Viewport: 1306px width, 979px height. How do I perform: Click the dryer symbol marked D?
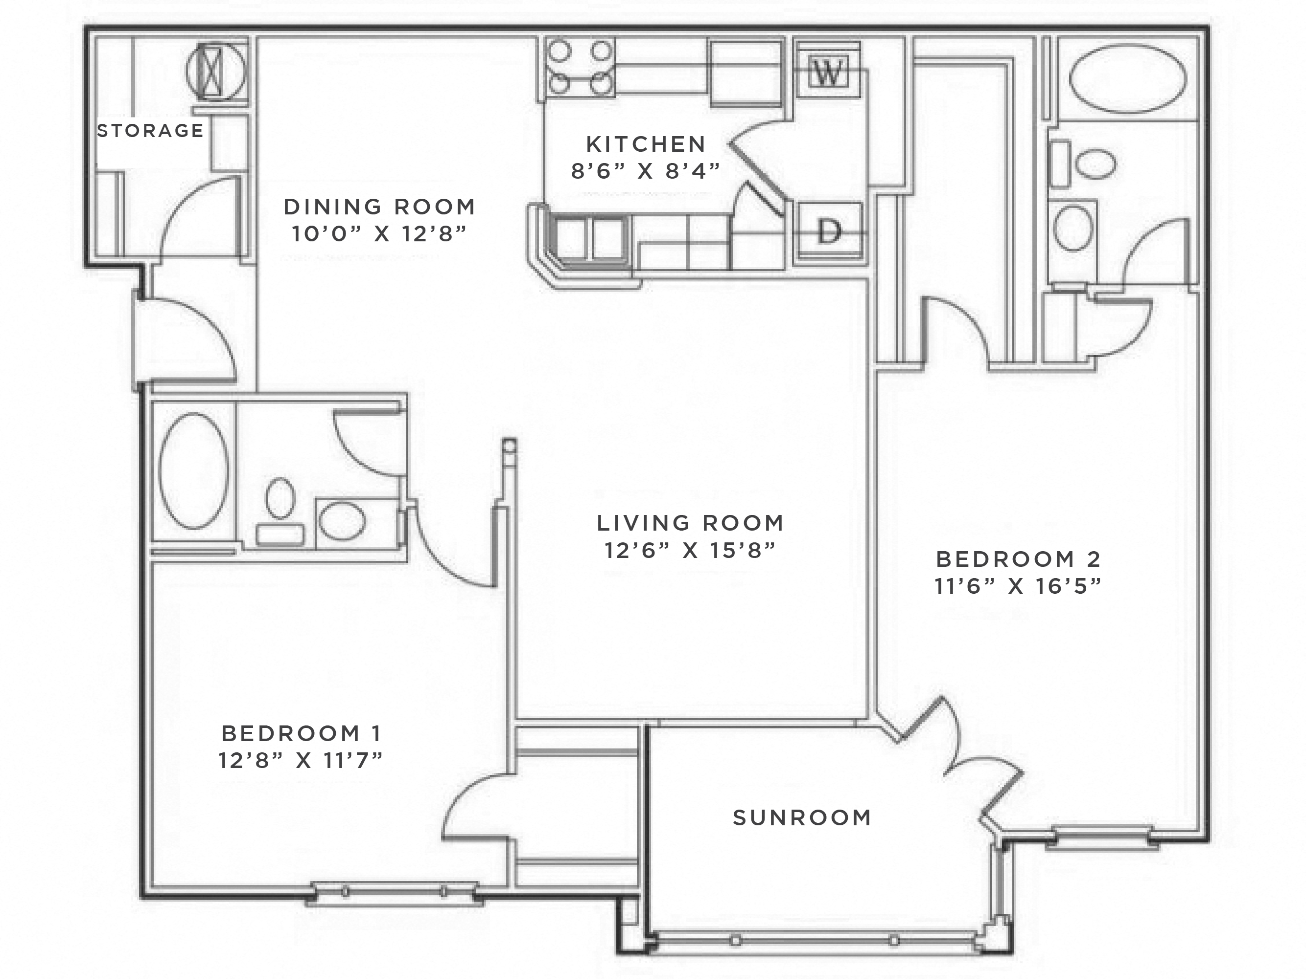(829, 231)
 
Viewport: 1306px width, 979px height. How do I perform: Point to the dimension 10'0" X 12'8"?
(379, 234)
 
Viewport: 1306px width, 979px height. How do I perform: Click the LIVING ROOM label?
(690, 523)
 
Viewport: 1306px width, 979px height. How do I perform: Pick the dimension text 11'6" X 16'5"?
(1017, 586)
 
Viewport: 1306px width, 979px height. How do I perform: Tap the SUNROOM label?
(802, 818)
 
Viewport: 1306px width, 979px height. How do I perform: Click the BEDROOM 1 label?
(301, 733)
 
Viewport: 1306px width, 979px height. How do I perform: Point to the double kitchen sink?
(589, 238)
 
